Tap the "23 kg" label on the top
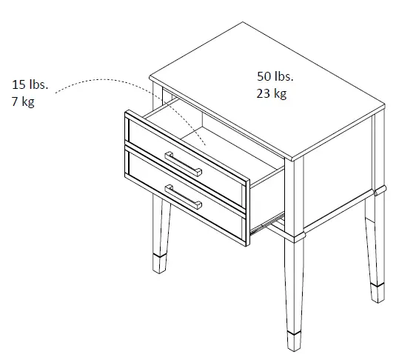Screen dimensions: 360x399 (x=272, y=93)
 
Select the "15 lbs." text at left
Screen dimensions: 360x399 (x=30, y=84)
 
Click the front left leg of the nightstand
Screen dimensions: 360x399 (x=161, y=230)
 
